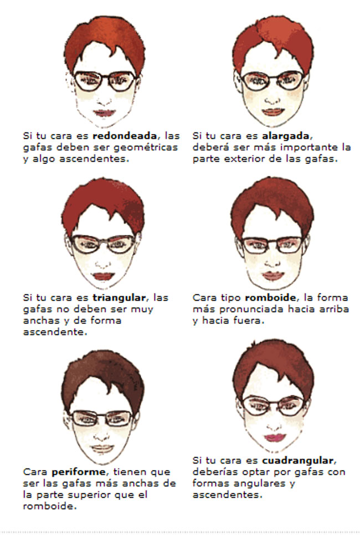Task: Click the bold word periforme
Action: [x=74, y=472]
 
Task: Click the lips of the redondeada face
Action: [x=104, y=113]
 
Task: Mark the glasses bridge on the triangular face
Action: [x=104, y=241]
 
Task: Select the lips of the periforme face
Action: [x=102, y=448]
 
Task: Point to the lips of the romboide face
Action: [x=272, y=275]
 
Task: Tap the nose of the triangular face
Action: [x=104, y=261]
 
